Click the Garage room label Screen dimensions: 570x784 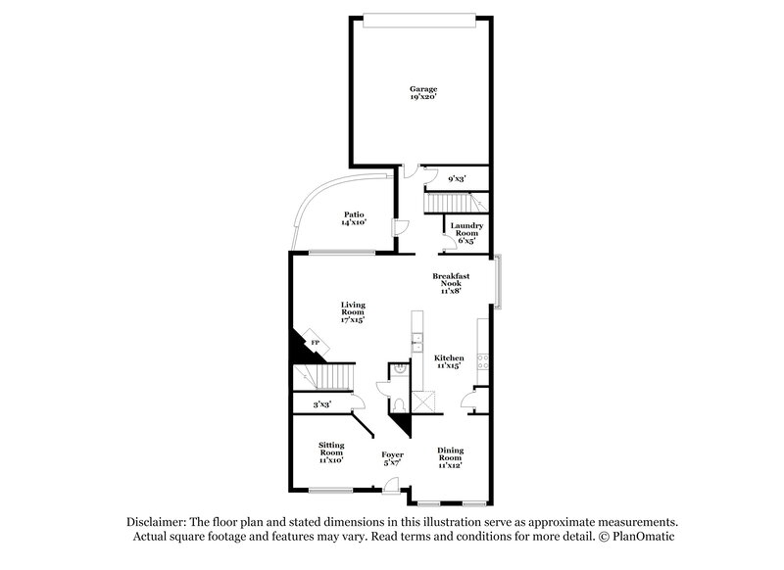tap(423, 93)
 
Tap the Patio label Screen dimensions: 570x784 tap(353, 218)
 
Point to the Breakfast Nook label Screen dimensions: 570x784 tap(451, 284)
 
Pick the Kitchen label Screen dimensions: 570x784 tap(449, 362)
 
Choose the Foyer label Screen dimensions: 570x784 tap(392, 458)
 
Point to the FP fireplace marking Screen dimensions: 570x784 tap(315, 343)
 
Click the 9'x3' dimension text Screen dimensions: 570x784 tap(457, 178)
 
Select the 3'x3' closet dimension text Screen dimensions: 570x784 tap(321, 404)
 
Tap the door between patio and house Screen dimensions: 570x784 tap(399, 227)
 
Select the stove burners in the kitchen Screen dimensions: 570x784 tap(481, 359)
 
